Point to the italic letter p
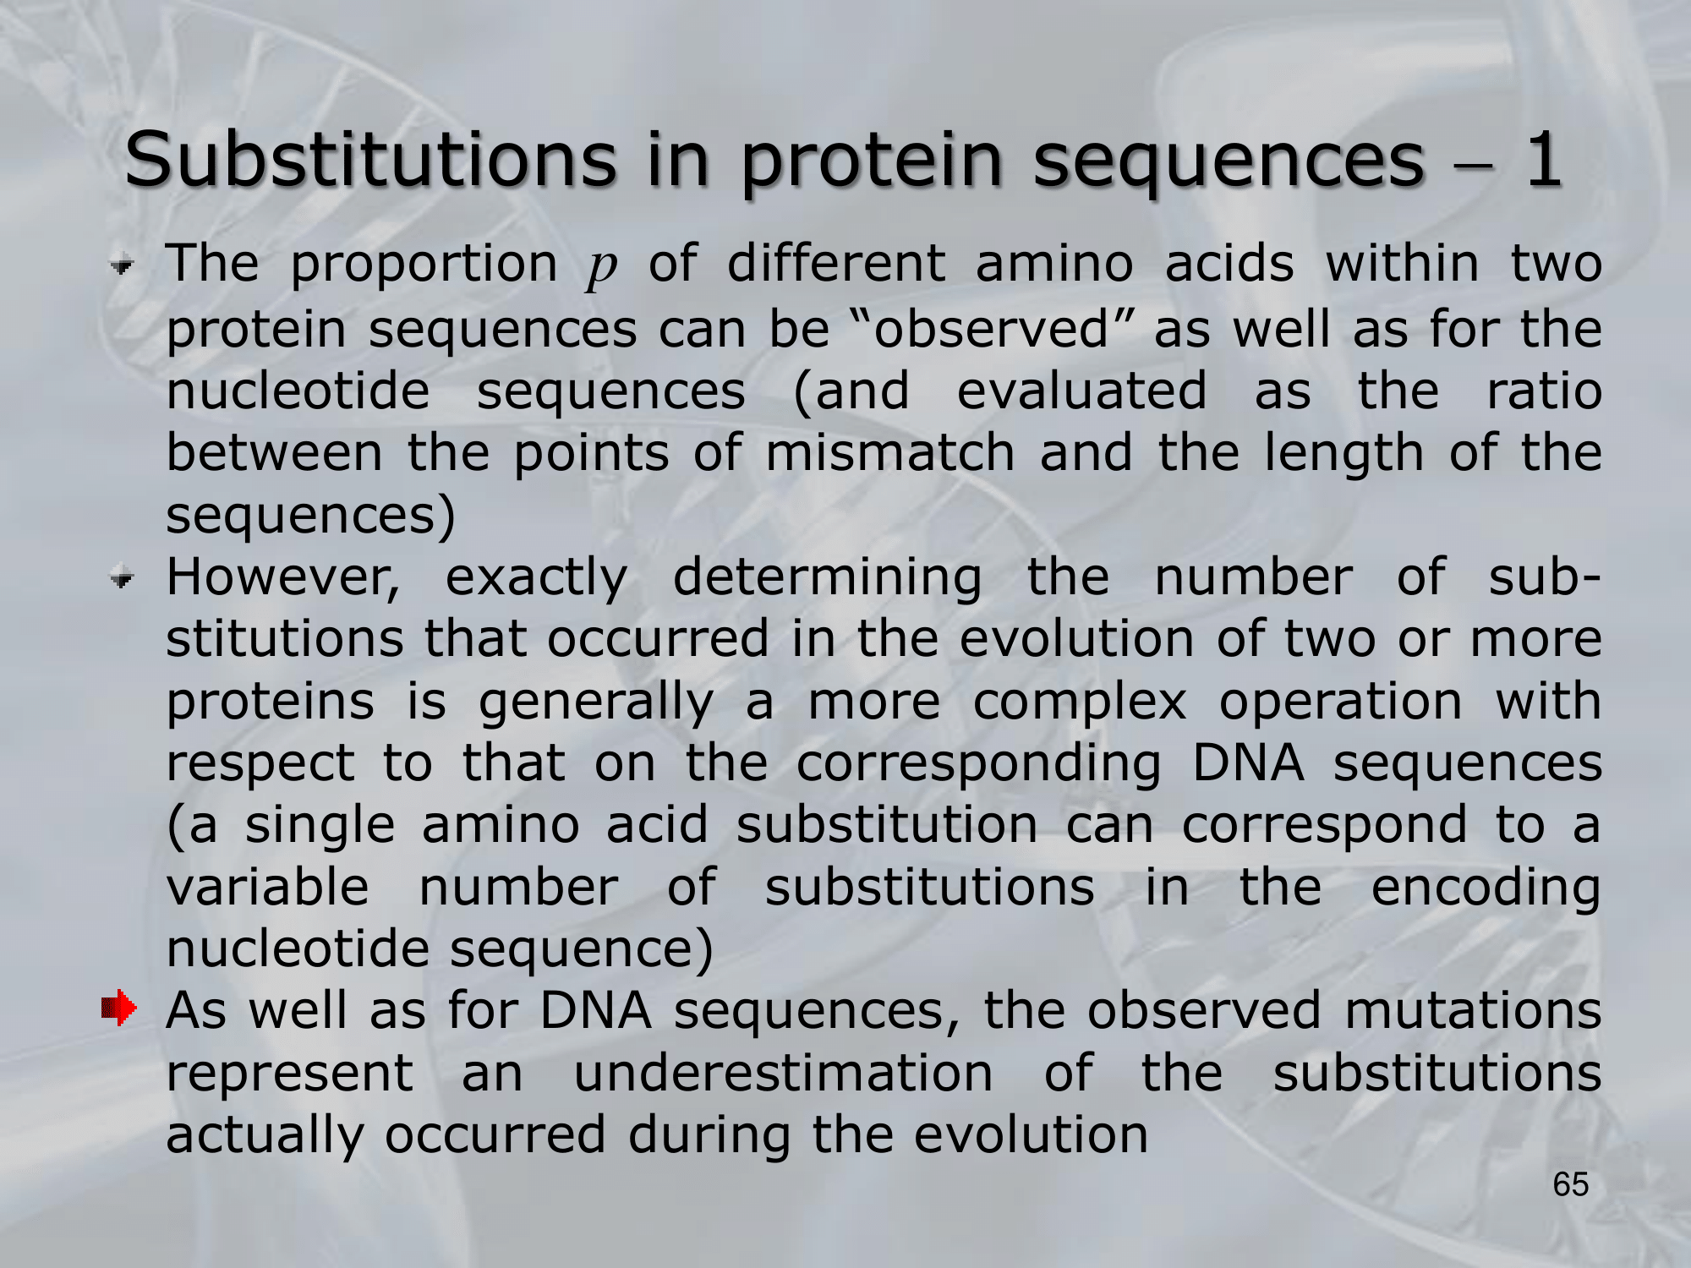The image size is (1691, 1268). (602, 269)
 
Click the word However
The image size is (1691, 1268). (283, 578)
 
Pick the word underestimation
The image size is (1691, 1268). (783, 1074)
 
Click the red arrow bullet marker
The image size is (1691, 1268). (118, 1008)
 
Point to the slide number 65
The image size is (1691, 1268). (1570, 1185)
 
